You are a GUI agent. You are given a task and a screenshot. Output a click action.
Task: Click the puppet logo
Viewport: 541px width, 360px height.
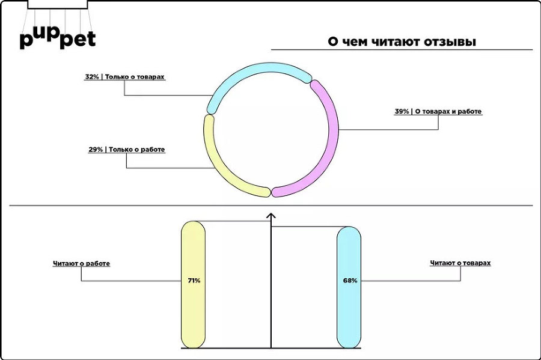(57, 37)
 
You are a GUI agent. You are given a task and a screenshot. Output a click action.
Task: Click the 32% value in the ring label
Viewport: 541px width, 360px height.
(92, 78)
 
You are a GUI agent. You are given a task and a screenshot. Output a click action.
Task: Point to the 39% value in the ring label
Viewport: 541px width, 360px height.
(402, 111)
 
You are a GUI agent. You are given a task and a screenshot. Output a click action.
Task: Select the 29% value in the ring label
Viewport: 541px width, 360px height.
(96, 150)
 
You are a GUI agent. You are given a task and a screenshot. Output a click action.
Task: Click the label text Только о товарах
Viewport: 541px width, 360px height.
(135, 78)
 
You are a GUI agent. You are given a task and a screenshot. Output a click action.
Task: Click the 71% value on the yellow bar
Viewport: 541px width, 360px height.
(193, 280)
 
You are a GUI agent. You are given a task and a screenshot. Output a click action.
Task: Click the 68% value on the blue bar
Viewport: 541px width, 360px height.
(350, 280)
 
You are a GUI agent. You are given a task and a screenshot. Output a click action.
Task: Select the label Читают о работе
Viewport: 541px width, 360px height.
(81, 264)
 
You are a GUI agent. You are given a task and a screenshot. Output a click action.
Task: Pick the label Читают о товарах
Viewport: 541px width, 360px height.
(460, 263)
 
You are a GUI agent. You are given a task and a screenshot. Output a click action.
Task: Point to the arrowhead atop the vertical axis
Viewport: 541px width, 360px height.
(271, 216)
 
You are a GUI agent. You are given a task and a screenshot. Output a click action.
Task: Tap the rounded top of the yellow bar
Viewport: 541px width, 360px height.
(194, 227)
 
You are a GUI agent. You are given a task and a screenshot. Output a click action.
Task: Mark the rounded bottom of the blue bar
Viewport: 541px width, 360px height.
(349, 343)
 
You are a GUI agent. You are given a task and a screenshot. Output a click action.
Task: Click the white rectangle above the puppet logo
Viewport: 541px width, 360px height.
(58, 4)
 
